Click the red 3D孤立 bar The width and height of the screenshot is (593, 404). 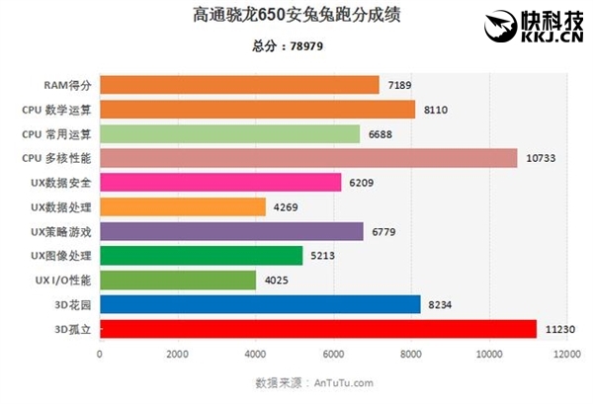pyautogui.click(x=317, y=329)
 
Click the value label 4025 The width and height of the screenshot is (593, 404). pyautogui.click(x=276, y=281)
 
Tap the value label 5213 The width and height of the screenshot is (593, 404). pyautogui.click(x=323, y=256)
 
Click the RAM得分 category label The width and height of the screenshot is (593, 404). pyautogui.click(x=68, y=85)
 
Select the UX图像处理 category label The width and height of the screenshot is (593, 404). pyautogui.click(x=61, y=256)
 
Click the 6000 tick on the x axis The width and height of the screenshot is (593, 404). pyautogui.click(x=333, y=354)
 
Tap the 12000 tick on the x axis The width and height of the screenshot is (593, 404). pyautogui.click(x=567, y=354)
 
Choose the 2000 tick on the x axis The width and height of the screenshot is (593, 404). pyautogui.click(x=178, y=354)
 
